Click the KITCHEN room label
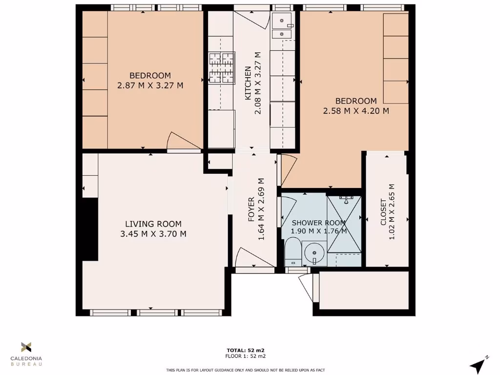point(248,81)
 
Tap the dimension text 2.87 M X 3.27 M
point(150,85)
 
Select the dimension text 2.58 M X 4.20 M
point(356,111)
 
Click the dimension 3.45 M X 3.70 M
point(153,234)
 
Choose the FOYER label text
point(251,209)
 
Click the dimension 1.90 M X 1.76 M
point(319,231)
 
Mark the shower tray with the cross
point(345,223)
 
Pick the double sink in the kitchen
point(282,27)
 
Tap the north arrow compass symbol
point(479,364)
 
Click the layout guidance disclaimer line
point(246,370)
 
